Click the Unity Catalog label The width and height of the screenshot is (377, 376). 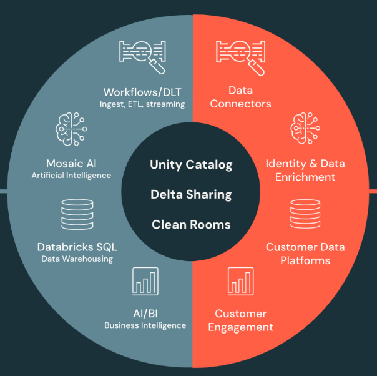(x=191, y=165)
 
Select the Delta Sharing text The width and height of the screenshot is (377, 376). (x=191, y=195)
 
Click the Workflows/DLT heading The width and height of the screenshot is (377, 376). (x=142, y=91)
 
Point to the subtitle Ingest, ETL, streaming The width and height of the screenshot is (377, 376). (x=142, y=104)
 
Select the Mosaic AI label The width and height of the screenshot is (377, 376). (x=71, y=164)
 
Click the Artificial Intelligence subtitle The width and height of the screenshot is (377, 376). (x=71, y=176)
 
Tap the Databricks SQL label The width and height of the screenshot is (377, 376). (x=77, y=247)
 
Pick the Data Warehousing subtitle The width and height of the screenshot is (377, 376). (x=77, y=259)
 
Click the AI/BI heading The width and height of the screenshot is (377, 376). (x=145, y=313)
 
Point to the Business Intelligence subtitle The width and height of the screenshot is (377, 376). (x=145, y=325)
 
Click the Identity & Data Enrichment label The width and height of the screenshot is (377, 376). (x=305, y=170)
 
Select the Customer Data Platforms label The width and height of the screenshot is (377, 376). (x=305, y=254)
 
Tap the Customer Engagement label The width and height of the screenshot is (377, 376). (x=240, y=320)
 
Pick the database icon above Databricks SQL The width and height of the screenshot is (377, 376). (x=77, y=214)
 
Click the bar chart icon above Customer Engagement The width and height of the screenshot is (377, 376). (x=240, y=280)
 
